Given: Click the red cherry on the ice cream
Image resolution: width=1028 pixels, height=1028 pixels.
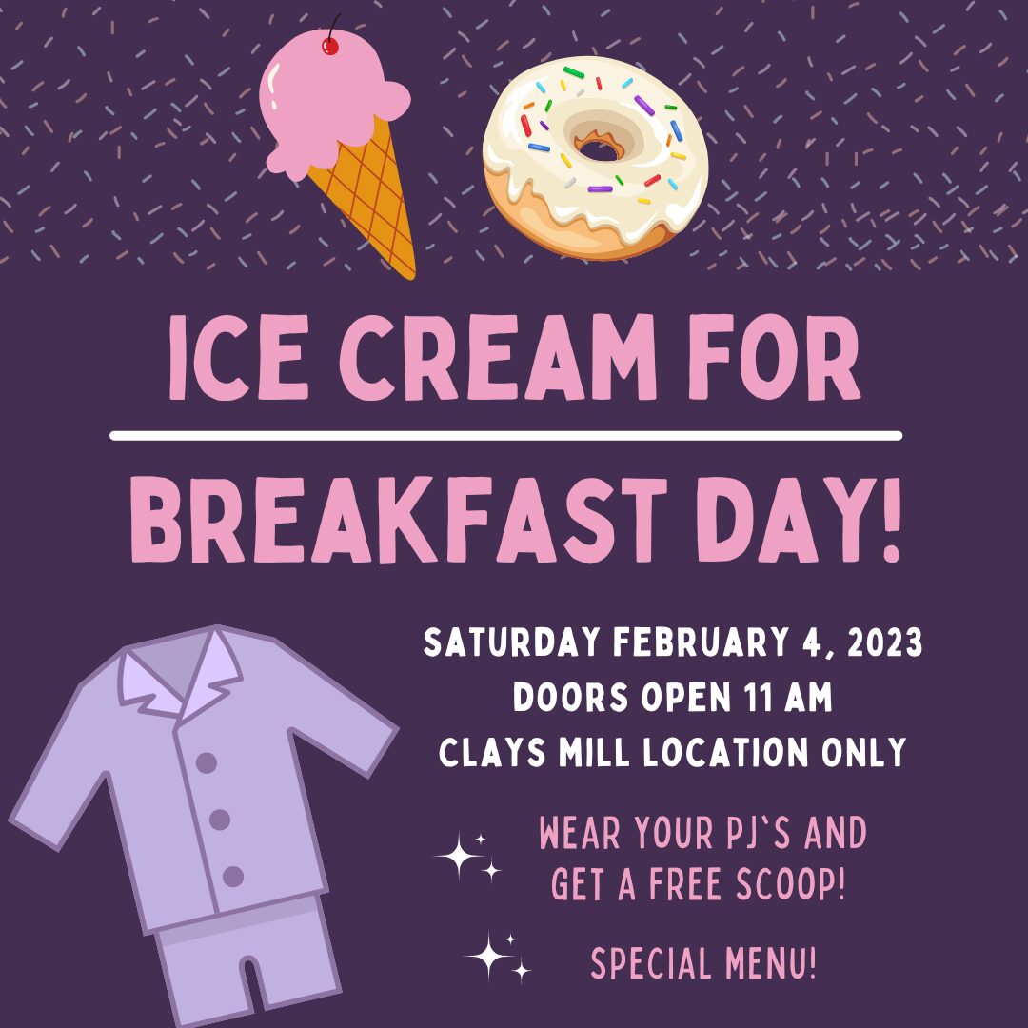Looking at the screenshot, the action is click(x=330, y=46).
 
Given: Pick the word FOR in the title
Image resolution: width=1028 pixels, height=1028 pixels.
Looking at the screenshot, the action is click(x=774, y=357).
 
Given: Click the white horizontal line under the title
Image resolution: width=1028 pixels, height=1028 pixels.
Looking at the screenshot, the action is click(x=506, y=436).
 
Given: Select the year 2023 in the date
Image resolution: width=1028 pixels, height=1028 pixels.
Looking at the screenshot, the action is click(x=885, y=642).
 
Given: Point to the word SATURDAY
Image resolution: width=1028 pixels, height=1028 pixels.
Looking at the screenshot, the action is click(x=511, y=642).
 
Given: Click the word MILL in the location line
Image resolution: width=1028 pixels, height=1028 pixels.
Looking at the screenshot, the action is click(x=594, y=752).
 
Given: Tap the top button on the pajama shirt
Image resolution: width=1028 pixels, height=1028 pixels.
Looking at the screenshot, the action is click(x=207, y=762).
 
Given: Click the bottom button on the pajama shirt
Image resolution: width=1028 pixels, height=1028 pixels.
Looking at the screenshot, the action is click(x=233, y=876).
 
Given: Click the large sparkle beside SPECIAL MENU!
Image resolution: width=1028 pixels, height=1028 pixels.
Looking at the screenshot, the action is click(x=487, y=956).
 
